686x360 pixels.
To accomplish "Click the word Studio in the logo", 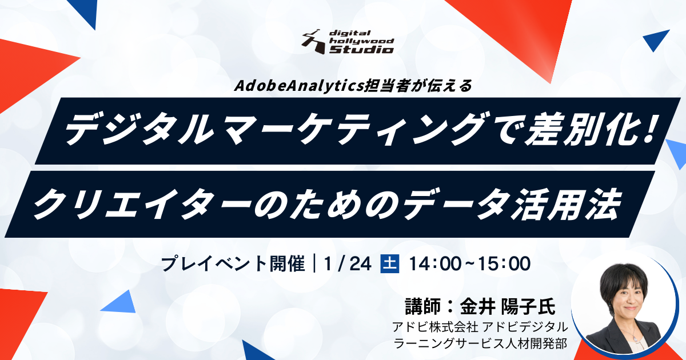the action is [362, 49].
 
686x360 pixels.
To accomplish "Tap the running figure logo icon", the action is [314, 42].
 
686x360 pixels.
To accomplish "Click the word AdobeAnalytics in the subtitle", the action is [298, 86].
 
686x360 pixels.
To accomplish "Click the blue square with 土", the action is [389, 263].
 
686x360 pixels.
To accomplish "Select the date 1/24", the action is [348, 263].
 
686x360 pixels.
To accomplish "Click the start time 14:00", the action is [435, 263].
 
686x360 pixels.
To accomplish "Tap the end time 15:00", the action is [504, 263].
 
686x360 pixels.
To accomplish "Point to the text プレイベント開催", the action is [233, 264].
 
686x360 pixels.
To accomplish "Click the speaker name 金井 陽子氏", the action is [508, 306].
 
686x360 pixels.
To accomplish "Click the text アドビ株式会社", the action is [435, 327].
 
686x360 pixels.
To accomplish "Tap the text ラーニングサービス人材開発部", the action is [480, 343].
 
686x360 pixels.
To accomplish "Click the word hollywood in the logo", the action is [361, 41].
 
